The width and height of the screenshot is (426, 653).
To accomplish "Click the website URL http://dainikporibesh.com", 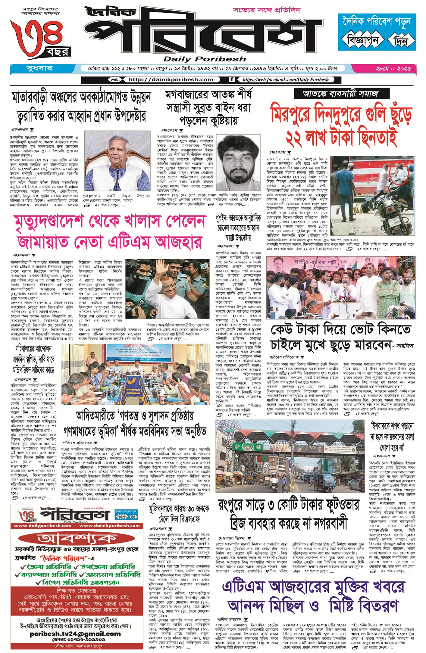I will pos(171,79).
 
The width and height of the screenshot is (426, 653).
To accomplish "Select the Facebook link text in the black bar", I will pos(286,79).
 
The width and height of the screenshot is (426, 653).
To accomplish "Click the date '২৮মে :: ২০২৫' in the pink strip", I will pos(393,68).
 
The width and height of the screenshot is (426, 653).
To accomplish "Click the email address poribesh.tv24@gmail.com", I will pos(75,634).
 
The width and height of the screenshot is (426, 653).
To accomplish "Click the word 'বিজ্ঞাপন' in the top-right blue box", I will pos(363,41).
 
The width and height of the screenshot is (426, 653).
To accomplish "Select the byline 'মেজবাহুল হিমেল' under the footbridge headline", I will pos(231,538).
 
